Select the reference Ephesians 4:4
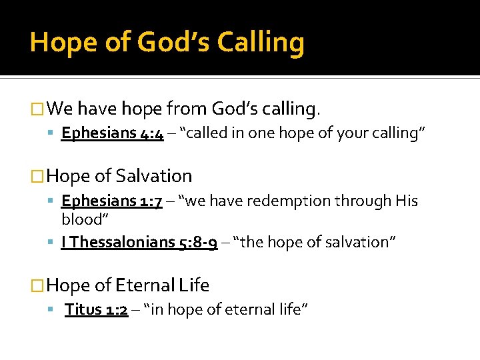(112, 133)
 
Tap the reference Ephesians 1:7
(112, 201)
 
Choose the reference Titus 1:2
(96, 309)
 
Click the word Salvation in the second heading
(153, 176)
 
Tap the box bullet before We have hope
(39, 108)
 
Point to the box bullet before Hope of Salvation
(39, 177)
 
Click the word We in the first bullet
(60, 108)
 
